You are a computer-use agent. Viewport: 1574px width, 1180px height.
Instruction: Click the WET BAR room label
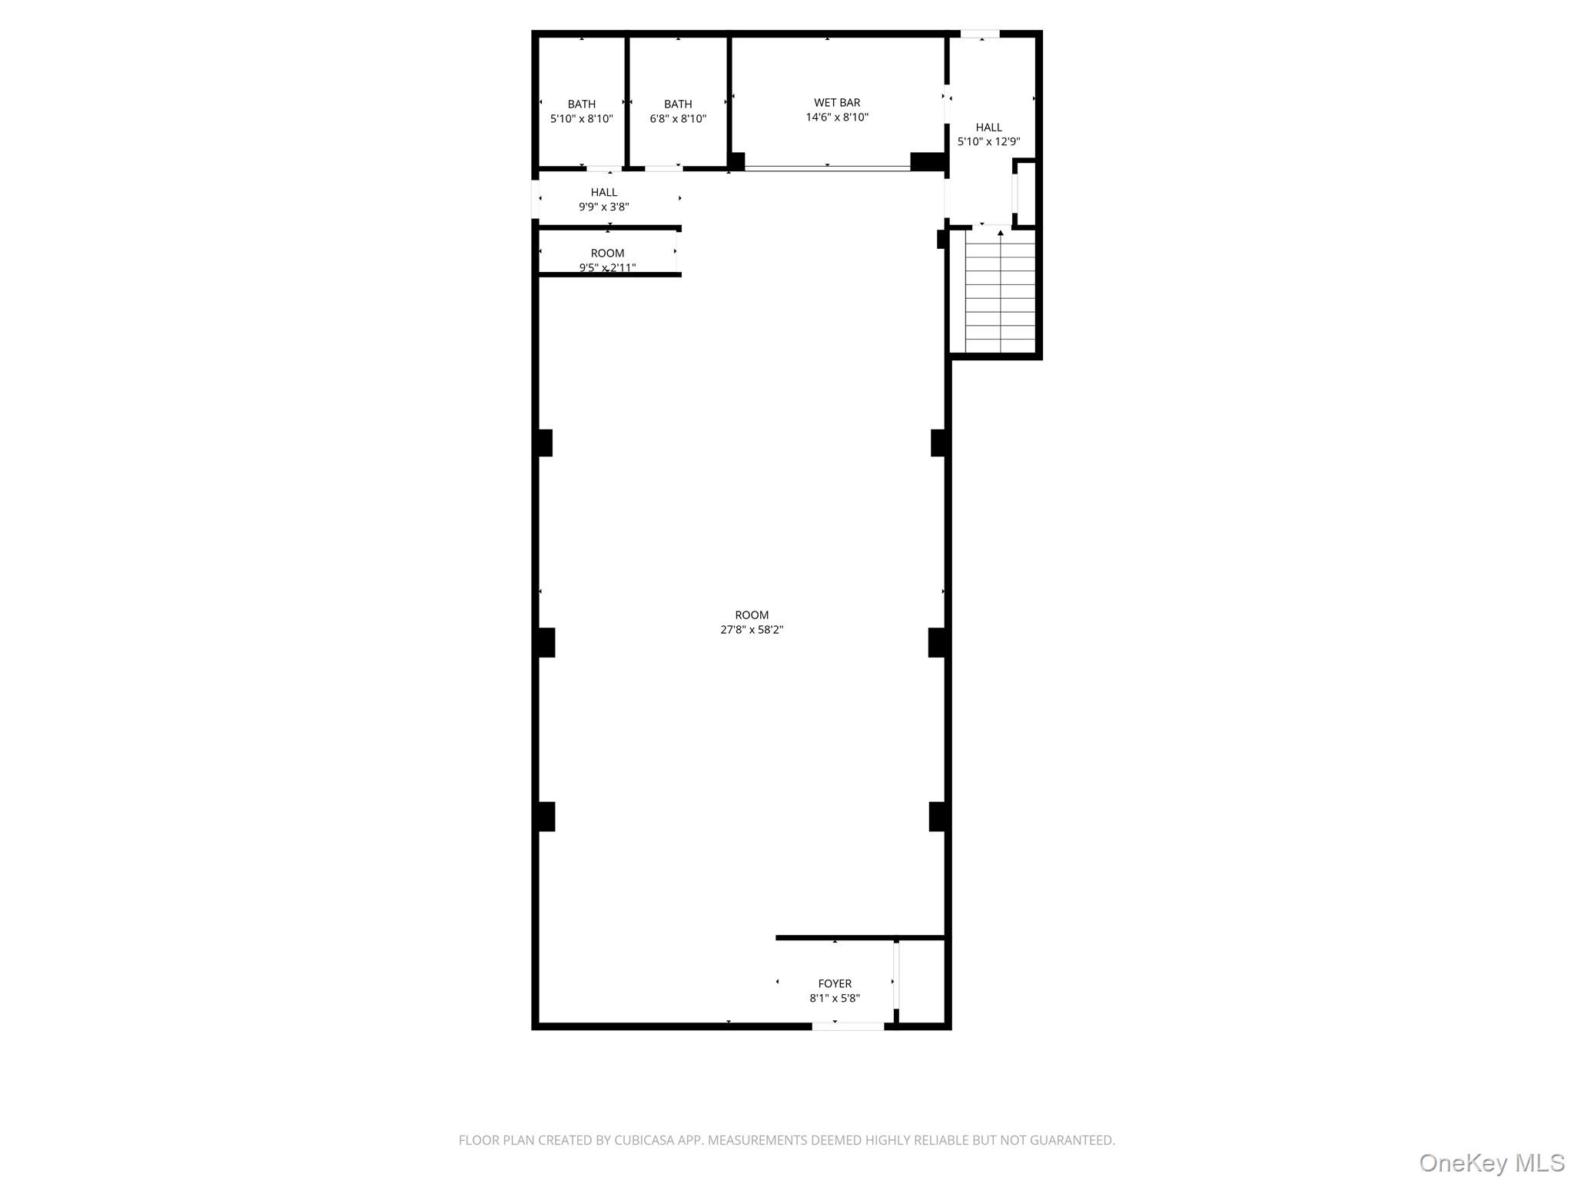click(837, 103)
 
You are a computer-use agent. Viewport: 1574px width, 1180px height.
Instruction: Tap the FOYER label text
click(835, 983)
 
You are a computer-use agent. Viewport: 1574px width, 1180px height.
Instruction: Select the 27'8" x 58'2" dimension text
click(752, 630)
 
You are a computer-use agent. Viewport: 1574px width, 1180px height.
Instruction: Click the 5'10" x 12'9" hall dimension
click(988, 142)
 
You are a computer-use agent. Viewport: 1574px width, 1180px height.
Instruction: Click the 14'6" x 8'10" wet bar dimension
click(837, 118)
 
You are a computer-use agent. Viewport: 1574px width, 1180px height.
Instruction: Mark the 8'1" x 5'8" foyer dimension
click(835, 999)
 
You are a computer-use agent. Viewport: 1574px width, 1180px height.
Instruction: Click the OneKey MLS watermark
click(1491, 1163)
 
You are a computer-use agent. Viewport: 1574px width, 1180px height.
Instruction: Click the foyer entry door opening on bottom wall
click(848, 1026)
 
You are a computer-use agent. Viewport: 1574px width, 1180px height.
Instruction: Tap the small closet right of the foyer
click(921, 982)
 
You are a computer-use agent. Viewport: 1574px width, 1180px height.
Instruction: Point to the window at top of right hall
click(980, 34)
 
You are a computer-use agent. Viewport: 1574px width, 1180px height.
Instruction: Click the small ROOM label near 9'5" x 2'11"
click(607, 254)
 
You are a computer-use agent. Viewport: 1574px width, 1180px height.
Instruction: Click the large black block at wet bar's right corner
click(927, 161)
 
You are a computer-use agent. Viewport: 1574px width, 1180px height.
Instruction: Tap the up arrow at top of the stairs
click(1000, 232)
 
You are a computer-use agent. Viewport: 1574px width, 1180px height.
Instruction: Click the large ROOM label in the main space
click(752, 615)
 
